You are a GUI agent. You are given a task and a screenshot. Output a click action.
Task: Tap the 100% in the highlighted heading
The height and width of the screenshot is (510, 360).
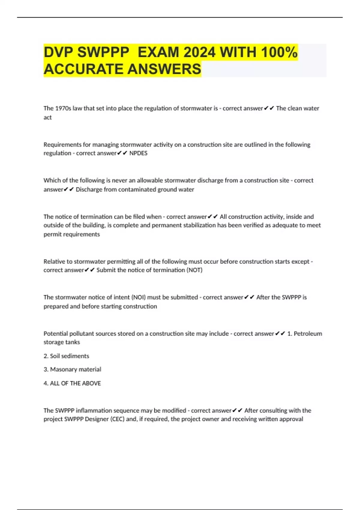pos(279,52)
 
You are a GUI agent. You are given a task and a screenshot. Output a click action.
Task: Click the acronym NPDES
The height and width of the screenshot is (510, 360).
pos(138,153)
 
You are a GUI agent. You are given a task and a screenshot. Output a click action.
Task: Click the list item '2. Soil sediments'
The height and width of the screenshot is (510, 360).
pos(66,356)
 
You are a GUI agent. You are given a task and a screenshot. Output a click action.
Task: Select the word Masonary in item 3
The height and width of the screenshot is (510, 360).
pos(62,369)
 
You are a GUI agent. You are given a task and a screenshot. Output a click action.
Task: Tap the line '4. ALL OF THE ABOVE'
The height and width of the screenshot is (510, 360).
pos(72,383)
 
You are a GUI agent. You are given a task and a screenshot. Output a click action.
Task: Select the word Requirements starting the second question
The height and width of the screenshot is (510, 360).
pos(62,145)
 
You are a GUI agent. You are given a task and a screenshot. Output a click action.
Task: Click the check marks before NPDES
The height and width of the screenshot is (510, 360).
pos(122,153)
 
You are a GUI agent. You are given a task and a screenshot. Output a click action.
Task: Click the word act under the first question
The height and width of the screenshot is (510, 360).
pos(47,118)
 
